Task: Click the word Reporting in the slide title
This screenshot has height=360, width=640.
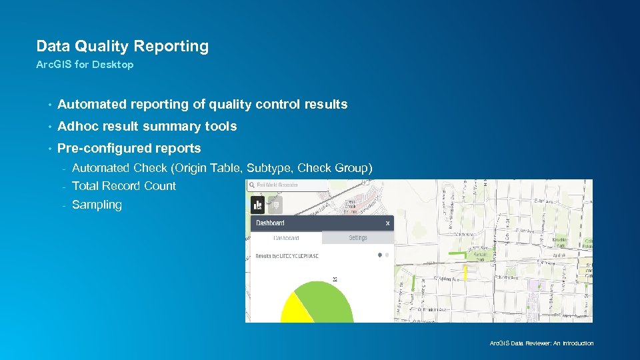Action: (x=171, y=46)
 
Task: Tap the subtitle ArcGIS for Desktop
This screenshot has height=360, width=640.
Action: (x=85, y=65)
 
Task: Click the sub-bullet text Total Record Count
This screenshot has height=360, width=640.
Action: (x=124, y=186)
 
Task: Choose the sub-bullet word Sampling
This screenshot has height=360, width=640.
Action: (x=97, y=205)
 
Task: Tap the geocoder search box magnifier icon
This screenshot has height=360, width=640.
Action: (x=252, y=185)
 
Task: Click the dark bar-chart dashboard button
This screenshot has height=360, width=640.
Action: (x=257, y=205)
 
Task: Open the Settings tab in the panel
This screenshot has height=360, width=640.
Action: (x=358, y=238)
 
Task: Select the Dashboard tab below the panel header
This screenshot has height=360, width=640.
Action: (x=286, y=238)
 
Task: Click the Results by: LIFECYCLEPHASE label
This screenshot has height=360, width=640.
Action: (x=287, y=256)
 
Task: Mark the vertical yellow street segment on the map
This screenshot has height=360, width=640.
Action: (x=465, y=273)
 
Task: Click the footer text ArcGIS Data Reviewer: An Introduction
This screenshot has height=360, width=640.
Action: (x=541, y=343)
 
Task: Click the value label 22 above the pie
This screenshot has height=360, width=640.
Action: (x=334, y=279)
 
